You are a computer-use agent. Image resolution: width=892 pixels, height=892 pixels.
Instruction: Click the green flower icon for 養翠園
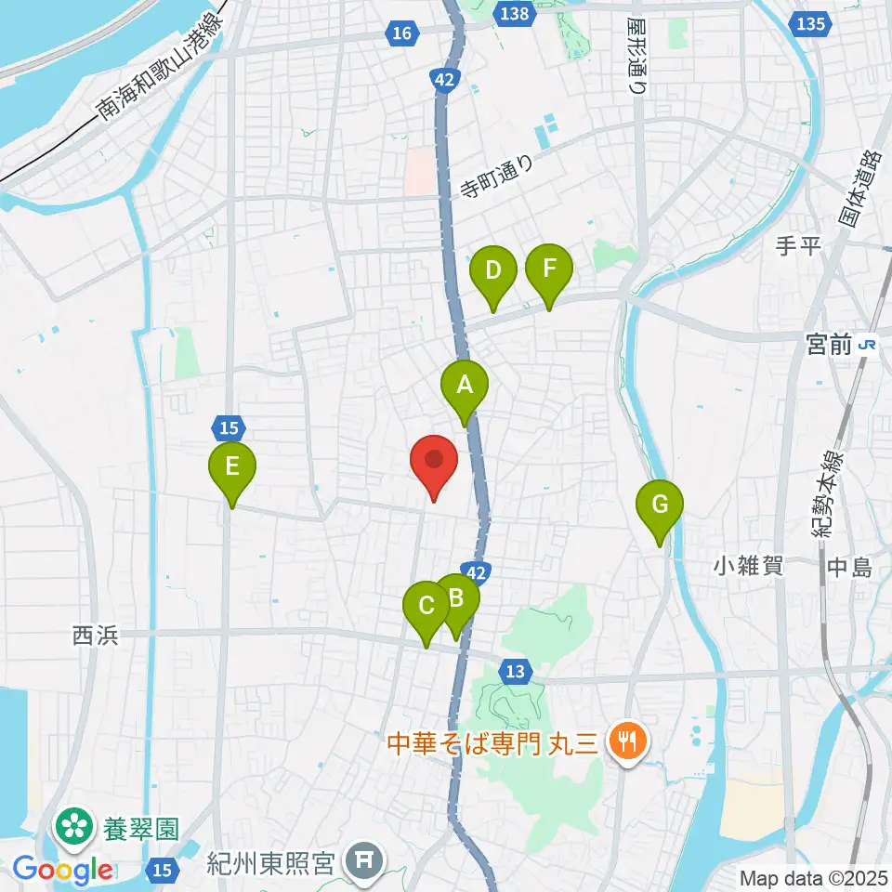coord(72,824)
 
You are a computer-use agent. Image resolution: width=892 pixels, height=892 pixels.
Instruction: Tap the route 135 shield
coord(810,25)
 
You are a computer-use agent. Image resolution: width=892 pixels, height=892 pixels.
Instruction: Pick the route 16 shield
coord(400,34)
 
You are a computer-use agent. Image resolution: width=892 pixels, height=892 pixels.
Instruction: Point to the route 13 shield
coord(516,671)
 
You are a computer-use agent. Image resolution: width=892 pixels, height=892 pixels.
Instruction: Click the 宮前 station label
coord(829,345)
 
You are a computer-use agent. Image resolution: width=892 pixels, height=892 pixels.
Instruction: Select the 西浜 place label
coord(96,636)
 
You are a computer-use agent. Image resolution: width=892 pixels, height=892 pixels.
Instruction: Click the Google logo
coord(61,871)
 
